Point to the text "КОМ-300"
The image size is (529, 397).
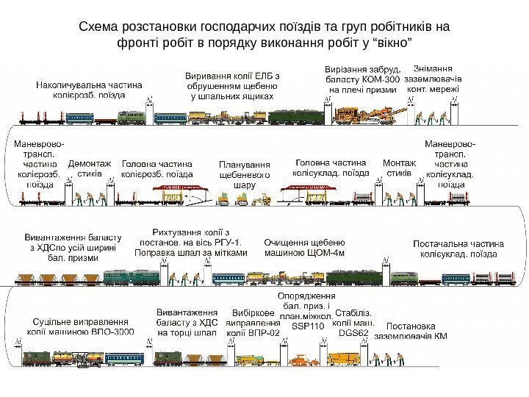380,79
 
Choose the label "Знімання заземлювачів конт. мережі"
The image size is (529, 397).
438,79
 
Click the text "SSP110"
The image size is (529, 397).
308,325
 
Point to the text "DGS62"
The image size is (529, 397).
355,332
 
